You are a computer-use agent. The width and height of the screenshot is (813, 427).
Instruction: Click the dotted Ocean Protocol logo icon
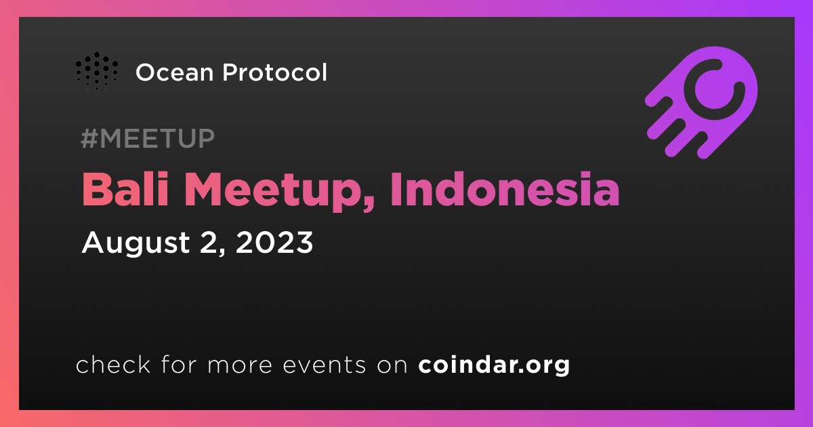click(96, 73)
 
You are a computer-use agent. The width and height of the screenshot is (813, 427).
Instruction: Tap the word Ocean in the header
click(175, 73)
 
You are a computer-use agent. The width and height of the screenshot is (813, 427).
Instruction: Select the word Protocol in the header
click(275, 73)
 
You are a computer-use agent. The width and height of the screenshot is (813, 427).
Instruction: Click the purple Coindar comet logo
click(701, 103)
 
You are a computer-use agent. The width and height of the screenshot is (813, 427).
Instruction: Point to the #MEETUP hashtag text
click(148, 138)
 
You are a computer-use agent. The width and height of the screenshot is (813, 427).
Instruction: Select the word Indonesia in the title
click(505, 189)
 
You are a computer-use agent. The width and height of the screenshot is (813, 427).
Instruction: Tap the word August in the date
click(135, 244)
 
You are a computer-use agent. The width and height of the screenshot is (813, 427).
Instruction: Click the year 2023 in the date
click(274, 242)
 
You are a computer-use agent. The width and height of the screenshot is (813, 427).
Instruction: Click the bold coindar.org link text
click(494, 365)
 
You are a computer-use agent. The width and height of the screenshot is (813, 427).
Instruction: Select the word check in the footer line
click(113, 364)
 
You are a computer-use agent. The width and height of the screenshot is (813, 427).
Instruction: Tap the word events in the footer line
click(324, 365)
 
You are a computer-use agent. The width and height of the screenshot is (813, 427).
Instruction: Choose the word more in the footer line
click(240, 365)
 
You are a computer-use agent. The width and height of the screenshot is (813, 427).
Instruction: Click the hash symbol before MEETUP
click(89, 138)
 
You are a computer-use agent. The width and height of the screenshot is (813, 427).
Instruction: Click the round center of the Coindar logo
click(714, 91)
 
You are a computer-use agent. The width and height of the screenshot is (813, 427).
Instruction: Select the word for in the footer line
click(179, 364)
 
